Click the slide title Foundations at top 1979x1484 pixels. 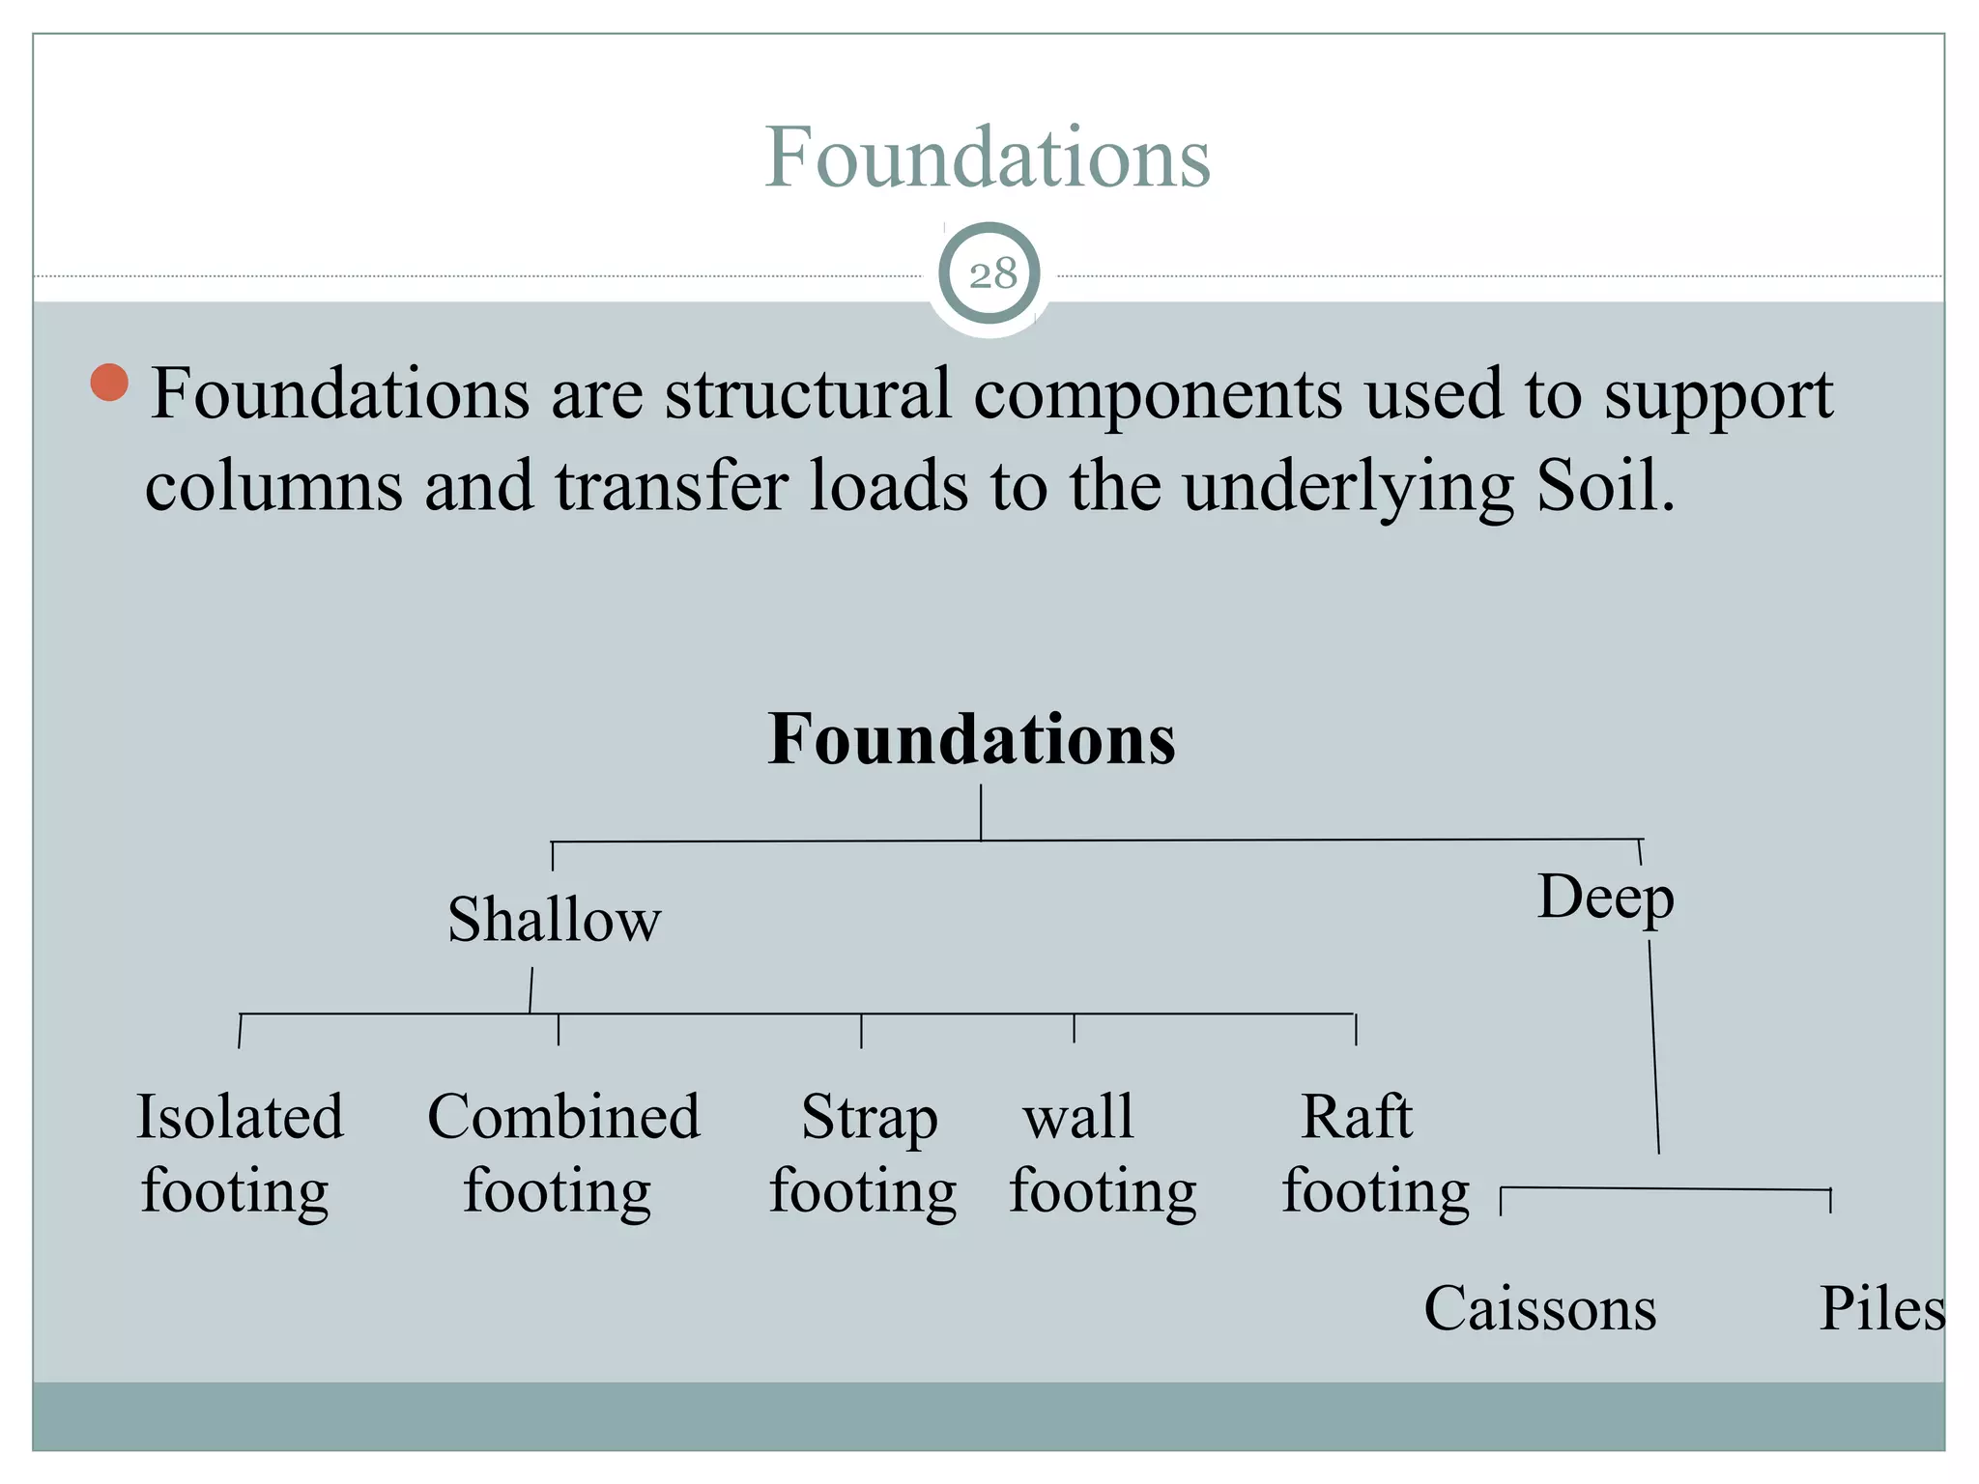coord(987,157)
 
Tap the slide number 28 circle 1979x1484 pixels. coord(989,274)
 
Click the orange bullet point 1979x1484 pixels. coord(109,383)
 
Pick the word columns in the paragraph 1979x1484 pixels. coord(273,485)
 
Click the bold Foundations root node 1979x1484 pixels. coord(971,739)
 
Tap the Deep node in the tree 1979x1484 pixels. coord(1605,898)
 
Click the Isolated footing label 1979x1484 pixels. coord(238,1154)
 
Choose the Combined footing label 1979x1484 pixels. coord(563,1154)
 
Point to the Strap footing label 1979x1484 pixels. coord(864,1154)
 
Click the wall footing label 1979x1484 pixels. coord(1102,1154)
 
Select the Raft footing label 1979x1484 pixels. coord(1374,1154)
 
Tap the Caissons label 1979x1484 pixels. coord(1539,1309)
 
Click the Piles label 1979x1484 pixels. coord(1880,1309)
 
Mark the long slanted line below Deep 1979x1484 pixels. coord(1654,1048)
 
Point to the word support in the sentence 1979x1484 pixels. coord(1718,396)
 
